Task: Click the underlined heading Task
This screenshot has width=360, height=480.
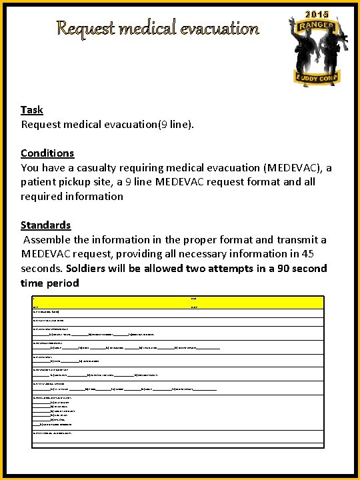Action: (32, 110)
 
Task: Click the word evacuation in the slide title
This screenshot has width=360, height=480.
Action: (216, 29)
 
